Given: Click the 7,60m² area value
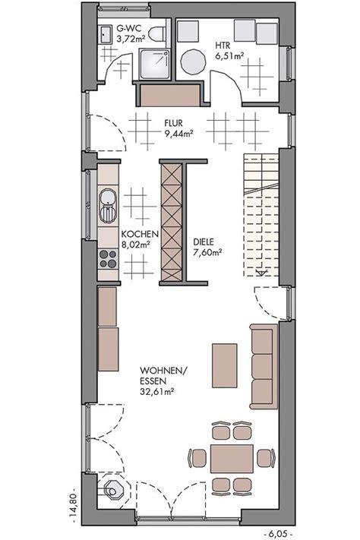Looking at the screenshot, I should [x=207, y=253].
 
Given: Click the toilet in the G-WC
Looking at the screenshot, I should [x=158, y=35].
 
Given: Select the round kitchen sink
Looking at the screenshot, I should [x=108, y=201].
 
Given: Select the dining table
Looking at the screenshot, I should [x=232, y=458].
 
